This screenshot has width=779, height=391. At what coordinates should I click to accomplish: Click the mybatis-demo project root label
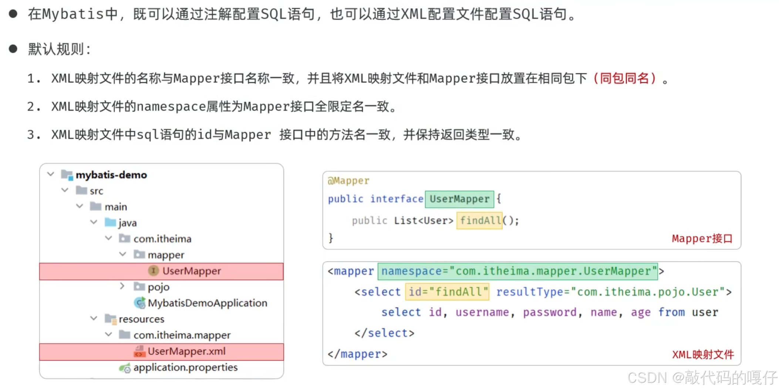coord(111,175)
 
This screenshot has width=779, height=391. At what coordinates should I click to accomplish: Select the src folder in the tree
coord(96,191)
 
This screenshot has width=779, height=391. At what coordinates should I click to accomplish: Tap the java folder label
coord(127,223)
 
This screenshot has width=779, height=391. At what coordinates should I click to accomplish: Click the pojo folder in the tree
coord(158,287)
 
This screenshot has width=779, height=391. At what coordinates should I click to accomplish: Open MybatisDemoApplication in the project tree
coord(207,303)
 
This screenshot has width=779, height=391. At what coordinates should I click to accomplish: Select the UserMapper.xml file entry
coord(186,351)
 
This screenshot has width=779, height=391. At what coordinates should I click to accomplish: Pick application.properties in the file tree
coord(185,367)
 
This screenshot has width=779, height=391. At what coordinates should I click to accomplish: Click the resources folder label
coord(141,319)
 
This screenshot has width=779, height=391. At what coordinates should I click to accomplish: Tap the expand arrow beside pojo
coord(122,286)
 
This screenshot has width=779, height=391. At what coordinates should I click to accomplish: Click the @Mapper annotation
coord(348,181)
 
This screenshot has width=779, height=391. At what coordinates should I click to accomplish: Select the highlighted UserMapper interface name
coord(459,199)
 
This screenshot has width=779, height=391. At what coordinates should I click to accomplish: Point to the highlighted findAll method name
coord(480,221)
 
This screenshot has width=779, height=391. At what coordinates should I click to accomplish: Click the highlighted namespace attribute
coord(517,271)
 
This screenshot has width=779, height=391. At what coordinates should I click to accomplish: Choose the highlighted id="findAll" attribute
coord(447,292)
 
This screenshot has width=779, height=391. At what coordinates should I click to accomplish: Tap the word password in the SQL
coord(550,313)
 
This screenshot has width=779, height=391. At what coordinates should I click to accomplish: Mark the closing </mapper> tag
coord(357,354)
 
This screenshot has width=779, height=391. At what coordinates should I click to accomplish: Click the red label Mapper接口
coord(702,239)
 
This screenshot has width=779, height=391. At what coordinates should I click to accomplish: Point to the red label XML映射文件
coord(703,355)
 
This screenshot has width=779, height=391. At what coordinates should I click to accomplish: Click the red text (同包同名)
coord(624,78)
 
